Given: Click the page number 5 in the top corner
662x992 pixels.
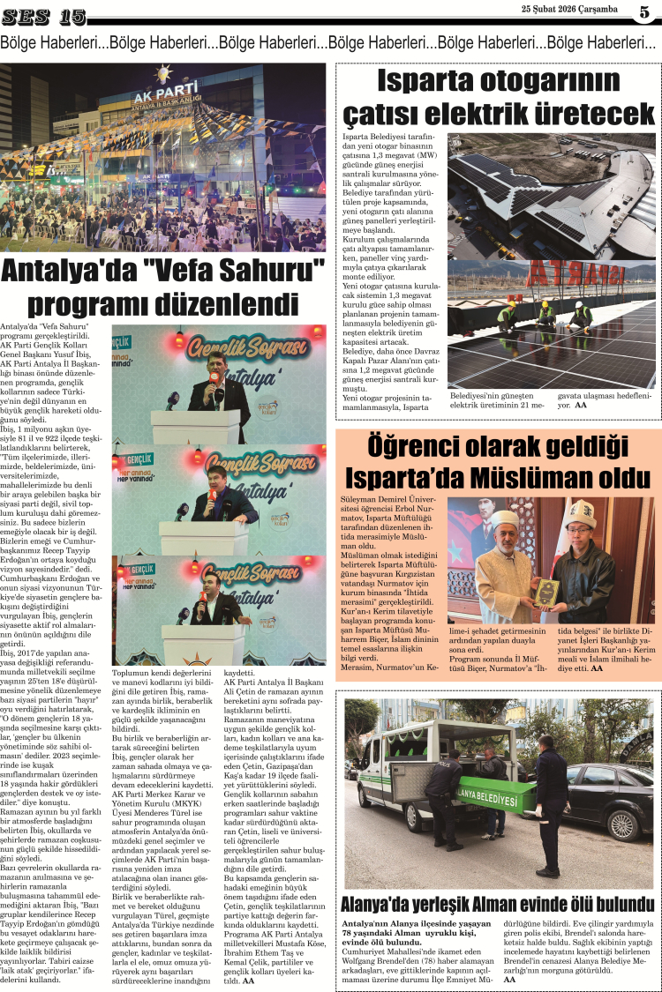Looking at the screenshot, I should point(644,11).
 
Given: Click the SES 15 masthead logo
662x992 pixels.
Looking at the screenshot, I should point(44,16).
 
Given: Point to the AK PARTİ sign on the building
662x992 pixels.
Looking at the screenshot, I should point(168,92).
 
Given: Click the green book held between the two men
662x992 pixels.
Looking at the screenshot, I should point(545,590).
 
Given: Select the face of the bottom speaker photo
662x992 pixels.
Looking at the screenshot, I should point(205,584).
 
